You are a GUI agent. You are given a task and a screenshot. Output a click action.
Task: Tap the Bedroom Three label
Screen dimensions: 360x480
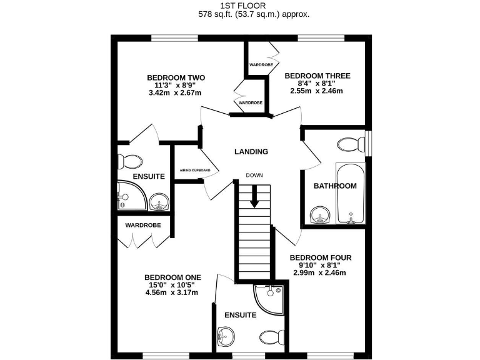pos(317,76)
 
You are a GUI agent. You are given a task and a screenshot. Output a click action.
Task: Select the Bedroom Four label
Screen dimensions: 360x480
pos(321,257)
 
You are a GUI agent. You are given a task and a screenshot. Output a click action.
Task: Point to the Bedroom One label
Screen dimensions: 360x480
pos(172,277)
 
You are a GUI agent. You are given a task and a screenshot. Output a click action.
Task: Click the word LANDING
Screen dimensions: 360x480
pos(251,151)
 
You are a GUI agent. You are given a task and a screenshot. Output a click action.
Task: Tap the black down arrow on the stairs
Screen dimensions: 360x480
pos(254,199)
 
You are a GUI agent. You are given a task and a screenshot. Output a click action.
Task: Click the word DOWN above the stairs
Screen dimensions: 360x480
pos(254,175)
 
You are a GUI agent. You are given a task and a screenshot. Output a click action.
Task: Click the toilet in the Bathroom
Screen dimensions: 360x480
pos(349,144)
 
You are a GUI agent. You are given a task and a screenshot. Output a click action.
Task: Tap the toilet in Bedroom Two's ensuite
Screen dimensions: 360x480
pos(131,160)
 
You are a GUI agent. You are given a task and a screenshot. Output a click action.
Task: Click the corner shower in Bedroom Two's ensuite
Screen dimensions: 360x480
pos(129,196)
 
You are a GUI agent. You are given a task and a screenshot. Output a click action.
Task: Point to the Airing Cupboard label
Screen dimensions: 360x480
pos(194,170)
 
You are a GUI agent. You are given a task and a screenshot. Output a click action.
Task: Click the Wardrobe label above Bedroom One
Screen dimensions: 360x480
pos(143,225)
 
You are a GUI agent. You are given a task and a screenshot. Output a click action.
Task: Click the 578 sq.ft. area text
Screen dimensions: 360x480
pos(254,14)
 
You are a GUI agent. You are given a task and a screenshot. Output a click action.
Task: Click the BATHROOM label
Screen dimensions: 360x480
pos(335,186)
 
